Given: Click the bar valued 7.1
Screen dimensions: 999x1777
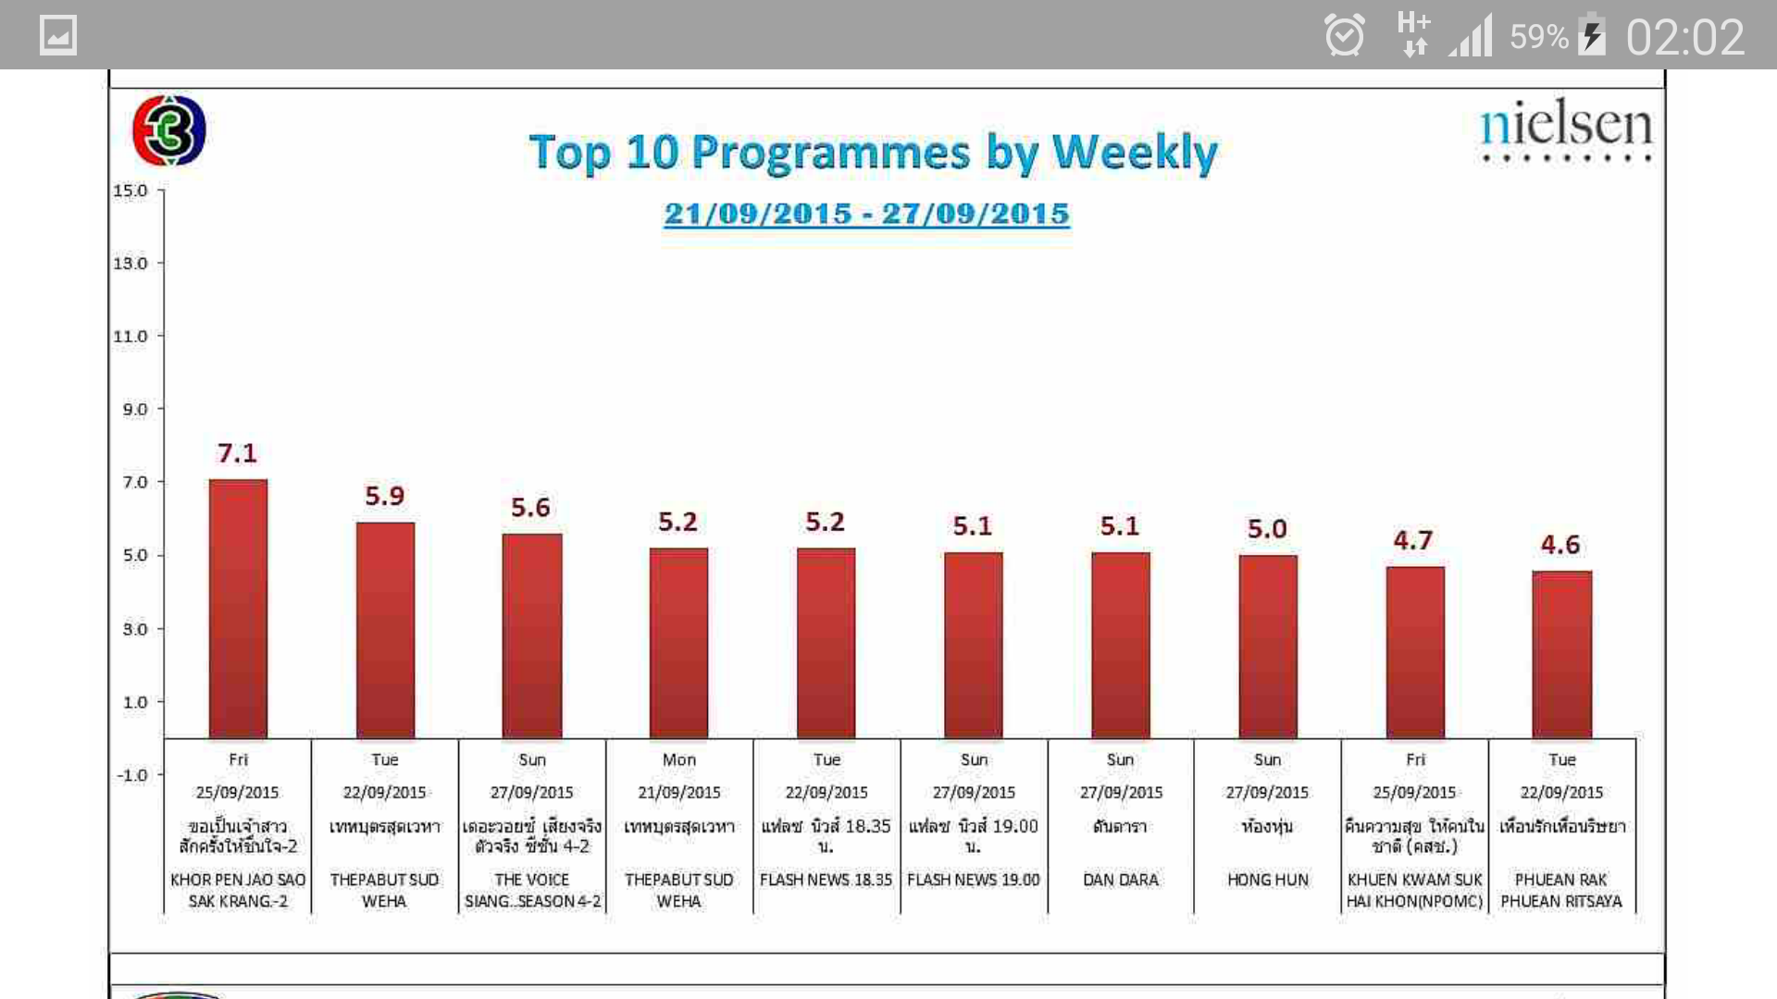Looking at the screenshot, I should click(238, 609).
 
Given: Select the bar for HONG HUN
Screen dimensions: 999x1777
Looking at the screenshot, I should click(1268, 647).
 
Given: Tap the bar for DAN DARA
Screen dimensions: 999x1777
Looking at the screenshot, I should click(1120, 645).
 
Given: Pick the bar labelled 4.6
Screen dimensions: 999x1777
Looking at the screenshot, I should click(1561, 654).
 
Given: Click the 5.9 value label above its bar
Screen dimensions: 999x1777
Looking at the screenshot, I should click(384, 497).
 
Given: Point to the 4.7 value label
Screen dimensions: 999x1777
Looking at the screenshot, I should click(1413, 540).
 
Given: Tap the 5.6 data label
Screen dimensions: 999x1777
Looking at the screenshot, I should click(530, 508).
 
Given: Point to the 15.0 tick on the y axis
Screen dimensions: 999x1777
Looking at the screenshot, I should click(130, 191).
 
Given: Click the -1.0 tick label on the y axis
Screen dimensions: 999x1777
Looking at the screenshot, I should click(132, 775).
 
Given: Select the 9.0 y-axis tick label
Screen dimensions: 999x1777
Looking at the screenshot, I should click(135, 409).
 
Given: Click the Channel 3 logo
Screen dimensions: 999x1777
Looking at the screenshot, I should click(168, 130).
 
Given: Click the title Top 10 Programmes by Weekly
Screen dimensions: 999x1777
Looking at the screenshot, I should click(873, 153).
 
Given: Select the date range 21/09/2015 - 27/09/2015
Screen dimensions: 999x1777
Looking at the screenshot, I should click(866, 214).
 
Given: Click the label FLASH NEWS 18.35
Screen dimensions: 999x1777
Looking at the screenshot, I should click(826, 880).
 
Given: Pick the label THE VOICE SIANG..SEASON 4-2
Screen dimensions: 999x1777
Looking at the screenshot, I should click(532, 890).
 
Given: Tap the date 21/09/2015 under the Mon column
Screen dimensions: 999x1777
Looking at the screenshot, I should click(678, 793).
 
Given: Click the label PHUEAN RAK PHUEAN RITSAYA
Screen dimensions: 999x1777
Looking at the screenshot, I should click(1561, 890).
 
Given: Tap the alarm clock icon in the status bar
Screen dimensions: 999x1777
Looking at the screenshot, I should click(1344, 37).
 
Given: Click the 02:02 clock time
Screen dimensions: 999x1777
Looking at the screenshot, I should click(1684, 38).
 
